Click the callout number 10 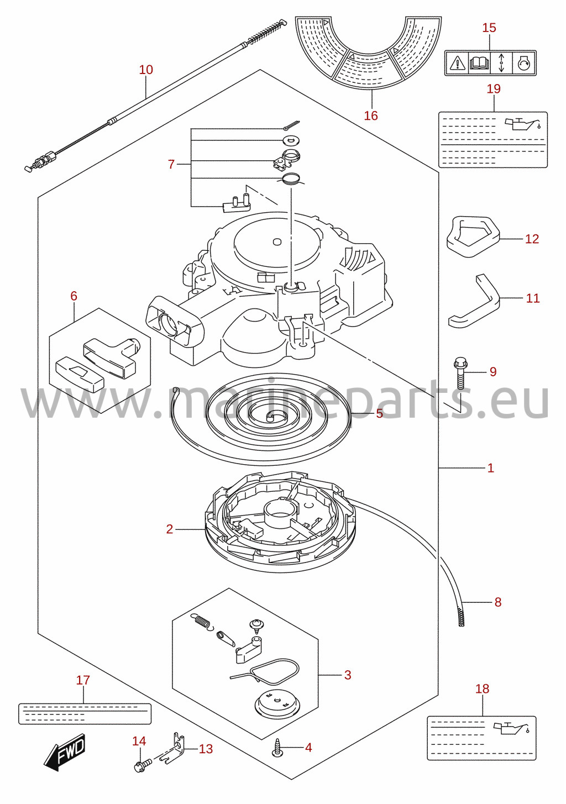(x=146, y=70)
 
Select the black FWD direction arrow (x=65, y=752)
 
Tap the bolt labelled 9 (x=460, y=374)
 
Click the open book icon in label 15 (x=479, y=63)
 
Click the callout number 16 (x=371, y=115)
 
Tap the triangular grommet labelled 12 (x=473, y=236)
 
